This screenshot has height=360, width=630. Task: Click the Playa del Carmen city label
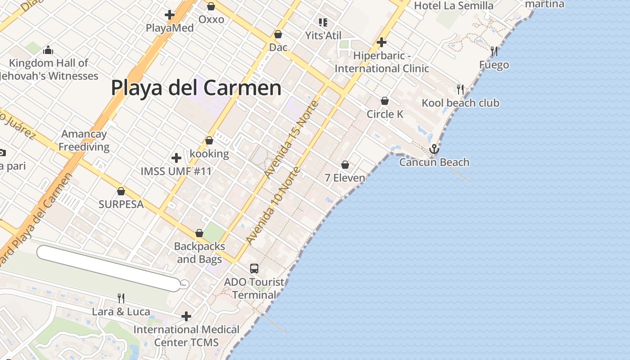point(196,88)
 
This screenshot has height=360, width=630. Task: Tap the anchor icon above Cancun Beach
point(434,148)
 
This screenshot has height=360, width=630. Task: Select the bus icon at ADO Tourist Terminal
point(254,269)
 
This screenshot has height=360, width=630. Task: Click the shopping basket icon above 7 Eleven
point(345,165)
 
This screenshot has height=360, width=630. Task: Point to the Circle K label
point(385,114)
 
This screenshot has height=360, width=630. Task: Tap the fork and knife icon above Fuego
point(494,51)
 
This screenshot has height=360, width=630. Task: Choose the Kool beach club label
point(460,103)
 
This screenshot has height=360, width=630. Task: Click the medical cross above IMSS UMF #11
point(176,158)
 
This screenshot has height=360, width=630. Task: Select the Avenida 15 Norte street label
point(292,139)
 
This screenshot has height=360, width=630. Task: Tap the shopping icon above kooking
point(209,141)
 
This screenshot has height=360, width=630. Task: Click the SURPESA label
point(121,204)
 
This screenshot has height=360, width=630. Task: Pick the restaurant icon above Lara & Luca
point(121,298)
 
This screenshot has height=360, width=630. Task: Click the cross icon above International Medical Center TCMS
point(186,316)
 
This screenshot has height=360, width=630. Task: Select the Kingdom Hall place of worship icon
point(48,50)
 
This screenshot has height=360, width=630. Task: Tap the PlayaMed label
point(170,28)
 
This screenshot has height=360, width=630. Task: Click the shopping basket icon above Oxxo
point(211,6)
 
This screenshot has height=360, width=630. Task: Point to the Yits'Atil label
point(323,36)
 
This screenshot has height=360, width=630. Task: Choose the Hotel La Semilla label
point(454,6)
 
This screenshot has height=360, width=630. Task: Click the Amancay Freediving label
point(84,140)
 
